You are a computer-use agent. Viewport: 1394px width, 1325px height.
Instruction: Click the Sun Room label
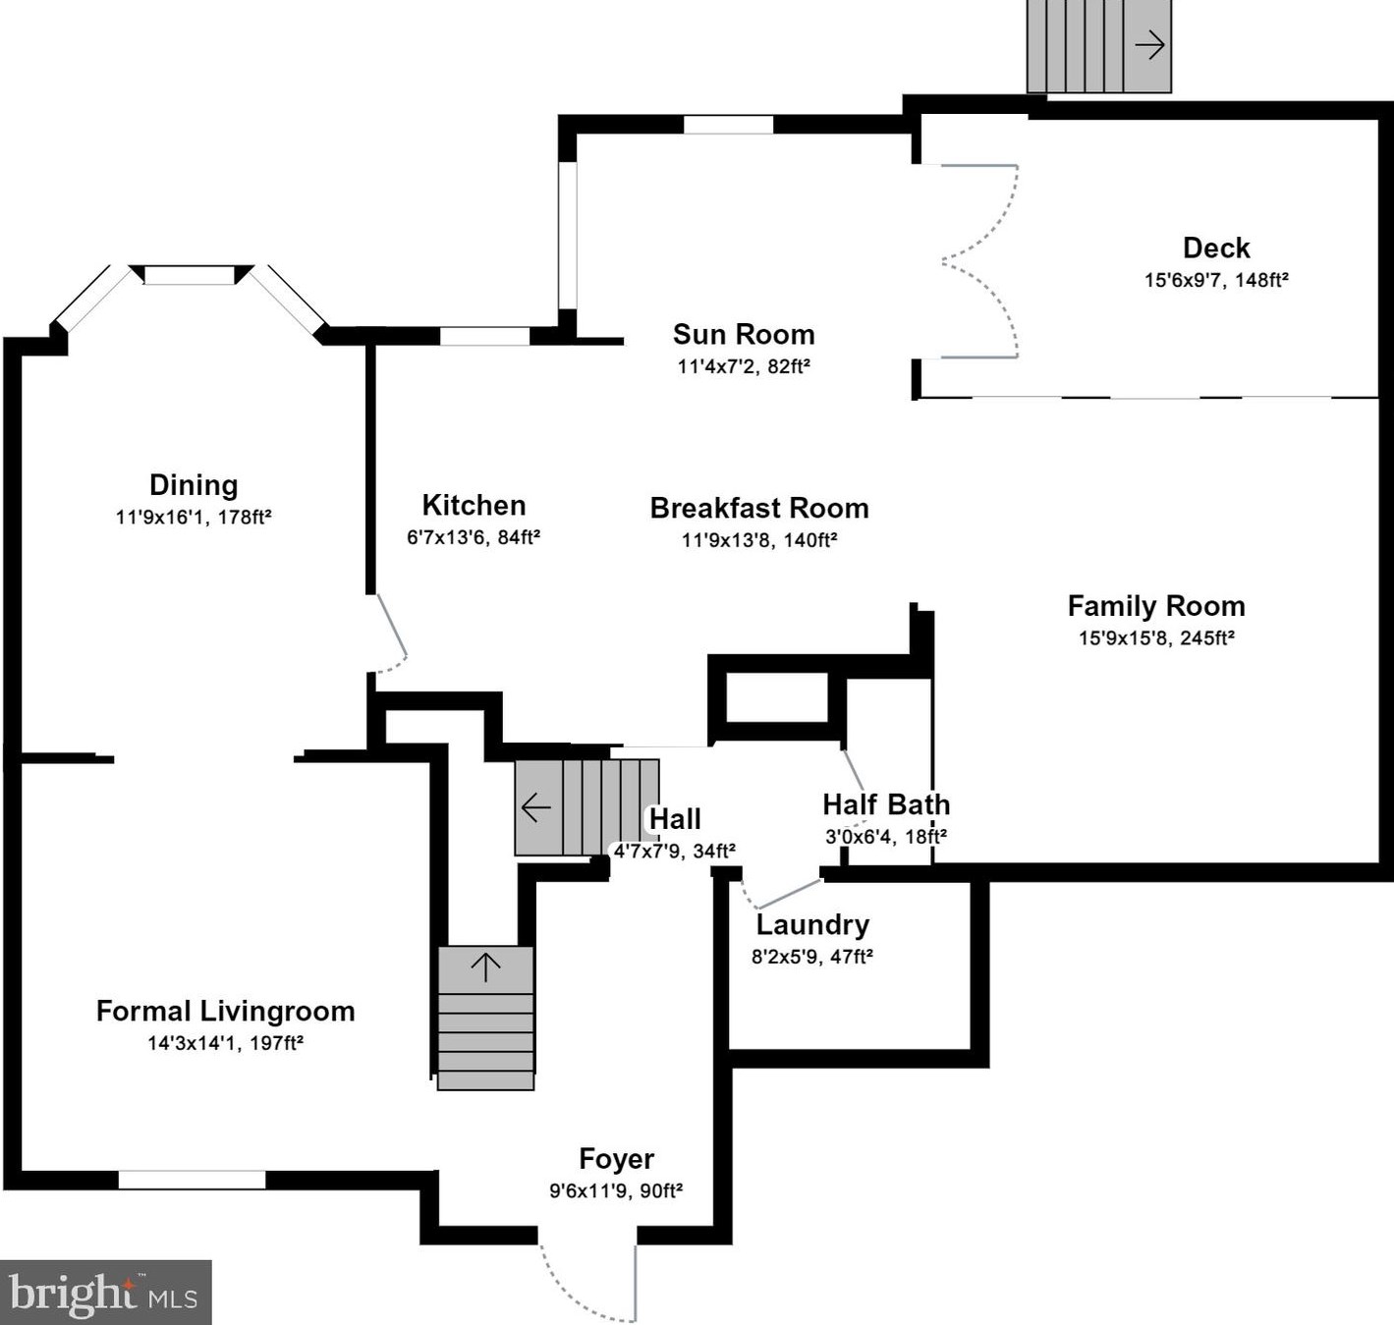[744, 335]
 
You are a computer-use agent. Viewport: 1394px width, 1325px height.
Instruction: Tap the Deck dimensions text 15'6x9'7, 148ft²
[1215, 280]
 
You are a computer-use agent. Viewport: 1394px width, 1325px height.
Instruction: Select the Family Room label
[1155, 606]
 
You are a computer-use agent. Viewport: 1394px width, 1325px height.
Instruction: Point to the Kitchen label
[474, 506]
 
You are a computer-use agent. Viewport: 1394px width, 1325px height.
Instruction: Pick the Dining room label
[194, 485]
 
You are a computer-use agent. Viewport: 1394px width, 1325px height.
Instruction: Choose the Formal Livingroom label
[225, 1012]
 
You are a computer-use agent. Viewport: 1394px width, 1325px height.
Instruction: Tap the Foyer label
[616, 1159]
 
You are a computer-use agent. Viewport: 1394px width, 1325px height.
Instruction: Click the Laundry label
[812, 925]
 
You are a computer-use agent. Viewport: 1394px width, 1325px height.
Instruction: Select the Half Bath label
[886, 805]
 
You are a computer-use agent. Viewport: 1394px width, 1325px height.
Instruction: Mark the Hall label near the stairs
[675, 819]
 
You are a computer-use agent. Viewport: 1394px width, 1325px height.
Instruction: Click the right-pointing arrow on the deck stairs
[1149, 45]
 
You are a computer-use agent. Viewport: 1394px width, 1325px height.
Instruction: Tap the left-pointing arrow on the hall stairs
[536, 808]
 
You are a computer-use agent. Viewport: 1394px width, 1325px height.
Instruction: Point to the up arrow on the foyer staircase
[485, 966]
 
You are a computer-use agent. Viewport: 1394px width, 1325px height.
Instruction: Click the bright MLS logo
[105, 1293]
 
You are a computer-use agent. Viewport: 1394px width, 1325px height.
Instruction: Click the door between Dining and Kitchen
[392, 634]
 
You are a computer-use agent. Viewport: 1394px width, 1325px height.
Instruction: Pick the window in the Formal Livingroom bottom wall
[192, 1180]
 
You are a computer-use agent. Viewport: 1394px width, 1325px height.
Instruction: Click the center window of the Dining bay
[190, 275]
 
